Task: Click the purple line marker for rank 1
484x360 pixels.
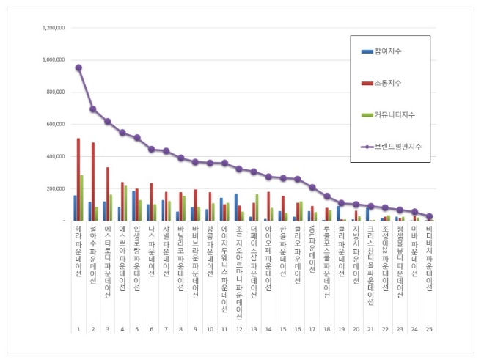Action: [78, 67]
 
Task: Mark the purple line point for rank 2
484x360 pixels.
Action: [93, 109]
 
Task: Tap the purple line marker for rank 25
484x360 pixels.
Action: [429, 216]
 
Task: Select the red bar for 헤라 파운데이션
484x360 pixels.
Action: [78, 179]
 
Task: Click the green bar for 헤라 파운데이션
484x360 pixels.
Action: [82, 197]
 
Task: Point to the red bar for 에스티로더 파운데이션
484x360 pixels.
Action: [108, 194]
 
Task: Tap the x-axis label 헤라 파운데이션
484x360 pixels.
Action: [78, 250]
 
